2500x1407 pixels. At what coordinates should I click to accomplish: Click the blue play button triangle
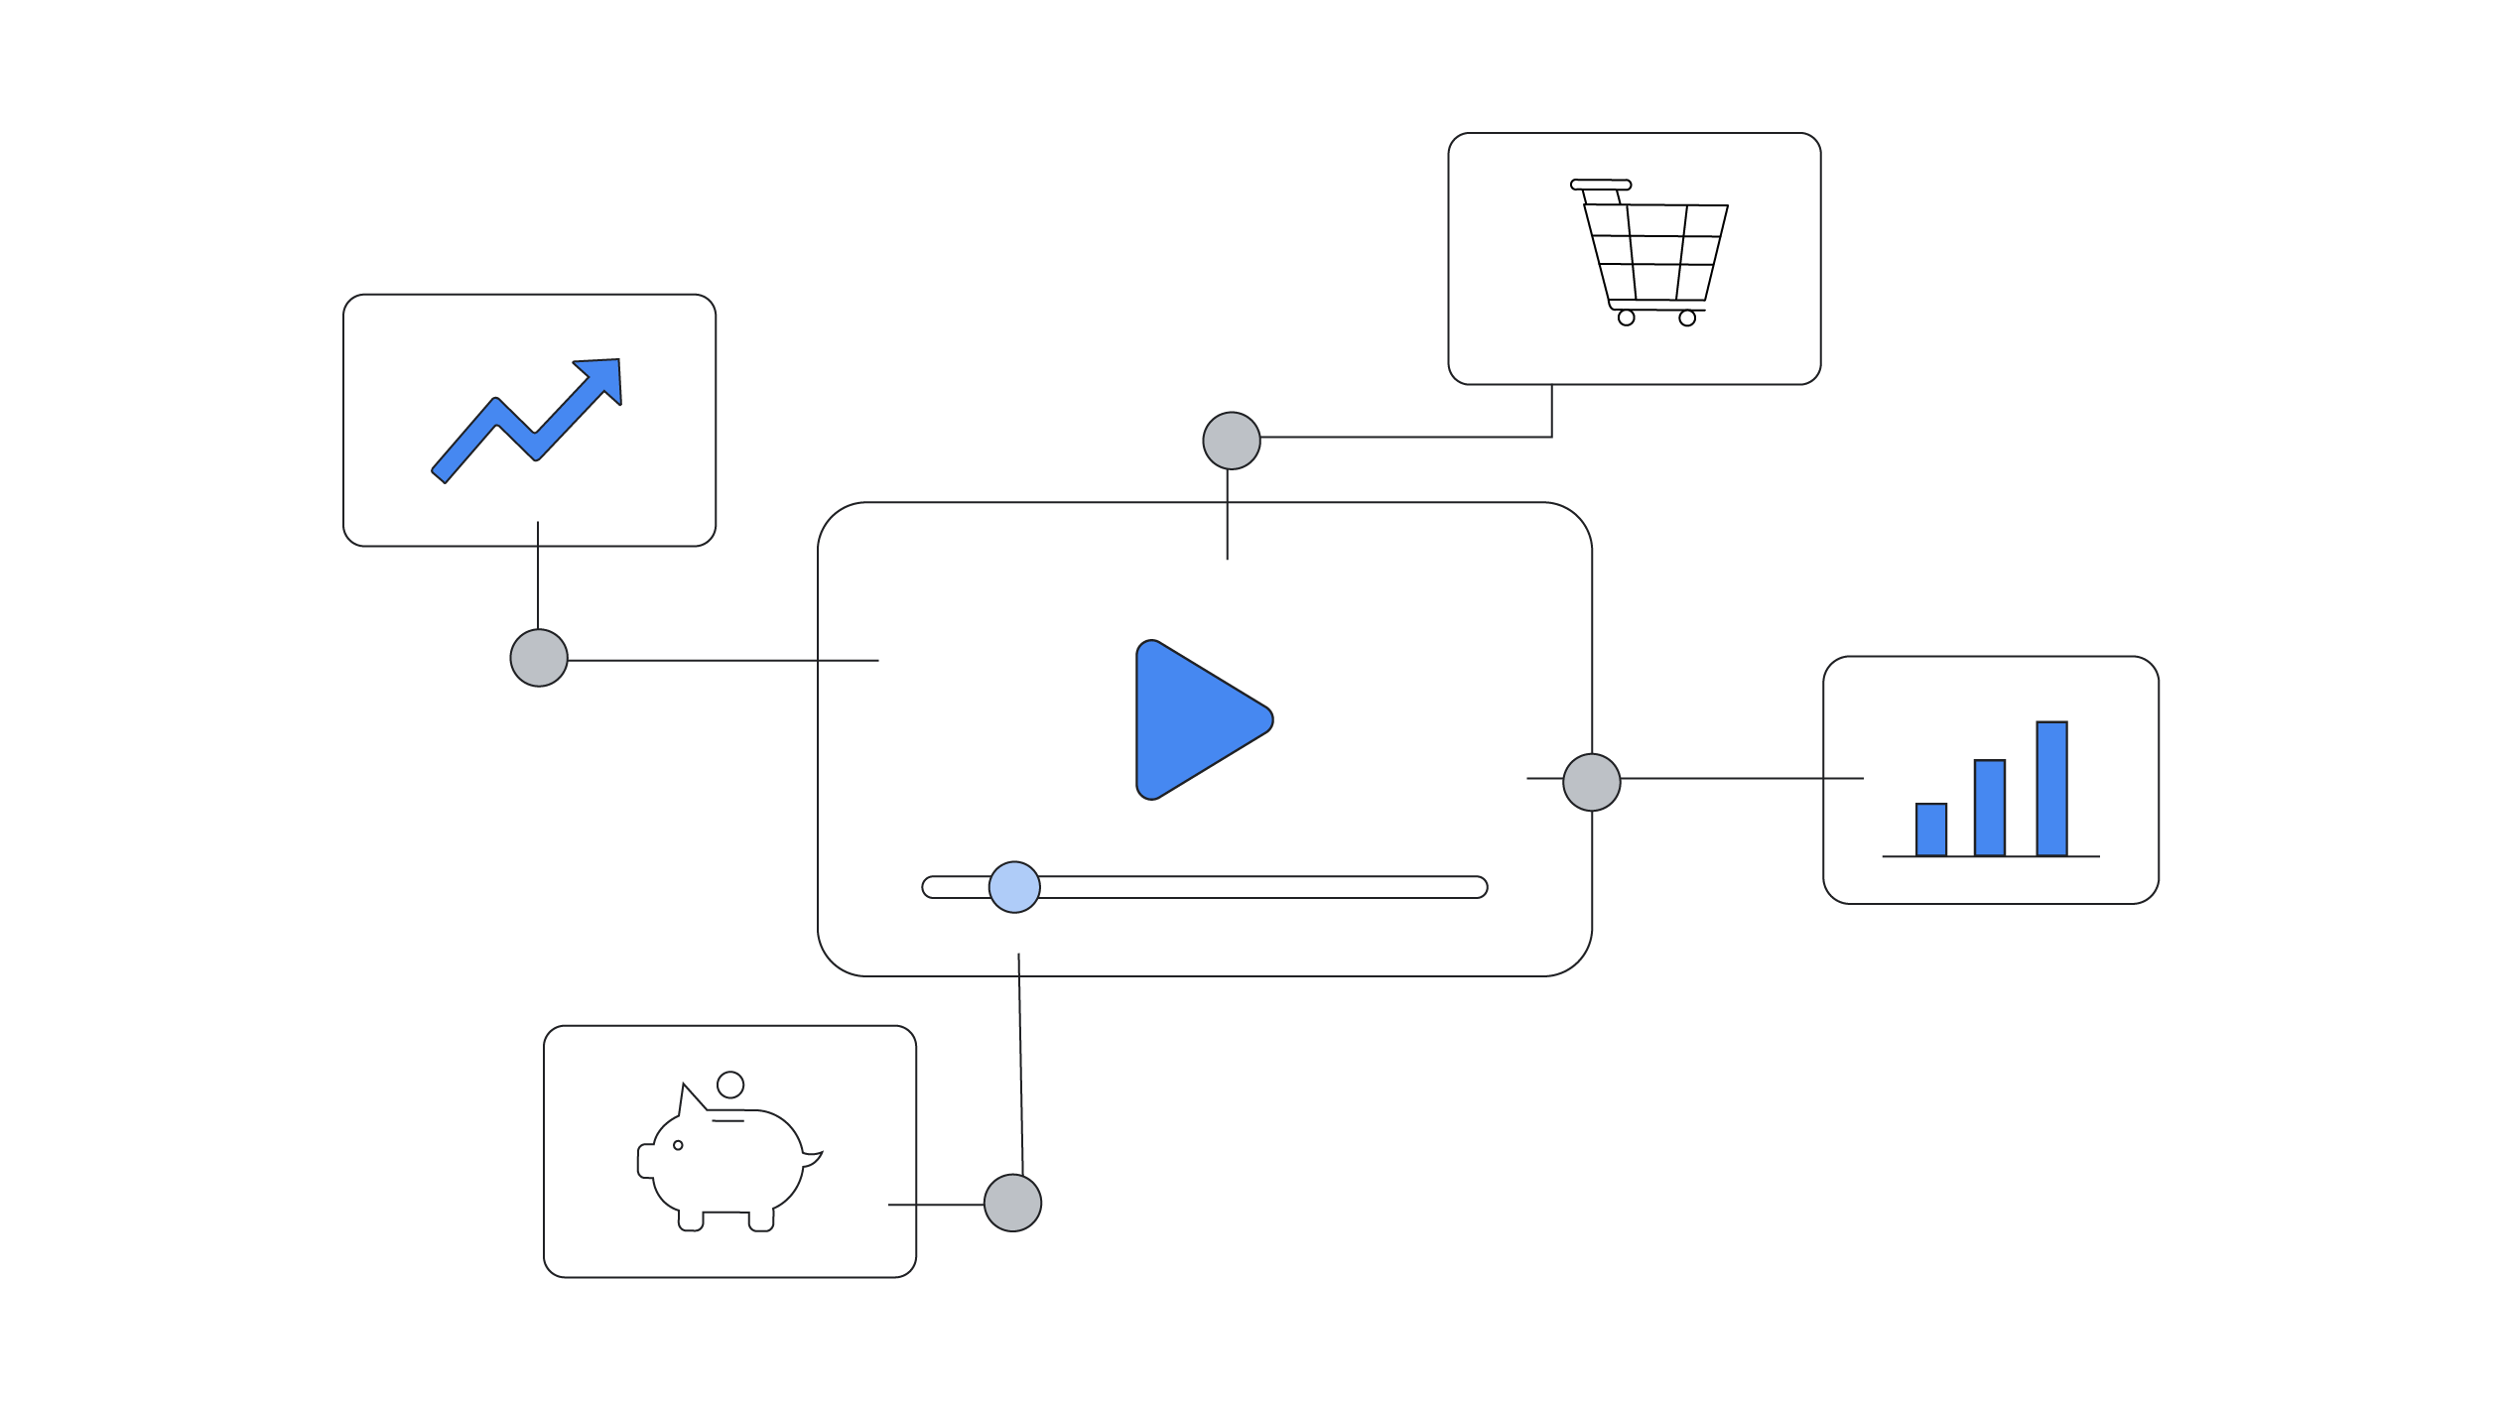(1195, 719)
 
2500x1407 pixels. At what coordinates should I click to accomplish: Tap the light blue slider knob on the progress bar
(1014, 887)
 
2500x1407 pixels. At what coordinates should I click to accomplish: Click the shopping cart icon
(1652, 254)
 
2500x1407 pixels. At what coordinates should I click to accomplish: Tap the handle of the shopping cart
(1600, 185)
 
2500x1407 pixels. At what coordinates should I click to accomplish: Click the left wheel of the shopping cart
(1626, 318)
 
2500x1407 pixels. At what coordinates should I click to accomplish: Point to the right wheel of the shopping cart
(1687, 319)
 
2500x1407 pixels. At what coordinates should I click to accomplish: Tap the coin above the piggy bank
(730, 1085)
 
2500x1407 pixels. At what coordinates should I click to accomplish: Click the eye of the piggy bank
(678, 1145)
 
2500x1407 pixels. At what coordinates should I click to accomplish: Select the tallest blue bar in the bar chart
(2051, 789)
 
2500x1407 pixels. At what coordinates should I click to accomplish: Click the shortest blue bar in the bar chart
(1931, 830)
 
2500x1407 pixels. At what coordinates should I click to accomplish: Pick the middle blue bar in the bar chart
(1990, 808)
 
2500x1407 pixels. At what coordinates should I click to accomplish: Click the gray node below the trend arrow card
(539, 658)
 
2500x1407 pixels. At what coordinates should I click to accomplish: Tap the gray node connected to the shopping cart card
(1232, 441)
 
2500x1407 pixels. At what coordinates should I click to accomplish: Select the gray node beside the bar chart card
(1592, 782)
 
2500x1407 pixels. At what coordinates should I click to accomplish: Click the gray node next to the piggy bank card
(1012, 1203)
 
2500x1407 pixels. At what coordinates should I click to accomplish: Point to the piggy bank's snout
(645, 1161)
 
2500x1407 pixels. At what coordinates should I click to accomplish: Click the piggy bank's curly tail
(812, 1158)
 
